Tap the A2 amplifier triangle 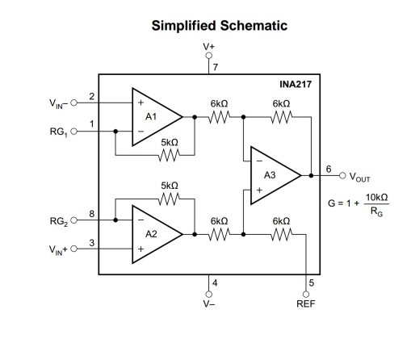pyautogui.click(x=154, y=235)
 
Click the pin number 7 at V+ pyautogui.click(x=216, y=66)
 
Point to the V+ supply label pyautogui.click(x=209, y=48)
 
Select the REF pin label pyautogui.click(x=306, y=305)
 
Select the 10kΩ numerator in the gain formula pyautogui.click(x=377, y=196)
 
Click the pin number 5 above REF pyautogui.click(x=309, y=283)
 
